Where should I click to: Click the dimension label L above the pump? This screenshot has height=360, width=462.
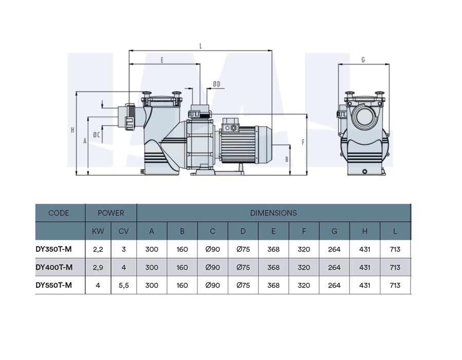coord(200,46)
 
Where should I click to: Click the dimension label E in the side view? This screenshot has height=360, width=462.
coord(162,60)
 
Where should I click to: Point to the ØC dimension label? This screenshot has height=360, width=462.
coord(96,135)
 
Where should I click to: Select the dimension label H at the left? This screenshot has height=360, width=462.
coord(72,130)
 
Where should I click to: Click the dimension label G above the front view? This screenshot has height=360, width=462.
coord(363,60)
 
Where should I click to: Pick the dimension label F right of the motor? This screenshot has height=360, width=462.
coord(303,141)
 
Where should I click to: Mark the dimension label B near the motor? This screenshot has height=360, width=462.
coord(287,159)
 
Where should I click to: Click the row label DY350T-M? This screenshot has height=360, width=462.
coord(53,249)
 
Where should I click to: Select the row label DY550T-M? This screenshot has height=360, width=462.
coord(53,285)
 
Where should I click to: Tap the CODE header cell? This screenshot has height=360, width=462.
coord(59,213)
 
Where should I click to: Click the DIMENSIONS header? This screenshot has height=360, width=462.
coord(273,213)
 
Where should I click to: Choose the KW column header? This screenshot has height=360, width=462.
coord(98,231)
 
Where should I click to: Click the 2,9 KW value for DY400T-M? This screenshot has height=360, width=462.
coord(98,267)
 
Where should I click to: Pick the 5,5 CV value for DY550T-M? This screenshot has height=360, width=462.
coord(123,285)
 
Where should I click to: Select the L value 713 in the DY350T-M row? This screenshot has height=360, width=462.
coord(395,249)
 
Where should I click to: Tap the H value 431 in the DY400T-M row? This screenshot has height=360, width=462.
coord(364,267)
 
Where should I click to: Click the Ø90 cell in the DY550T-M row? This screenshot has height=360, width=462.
coord(212,285)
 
